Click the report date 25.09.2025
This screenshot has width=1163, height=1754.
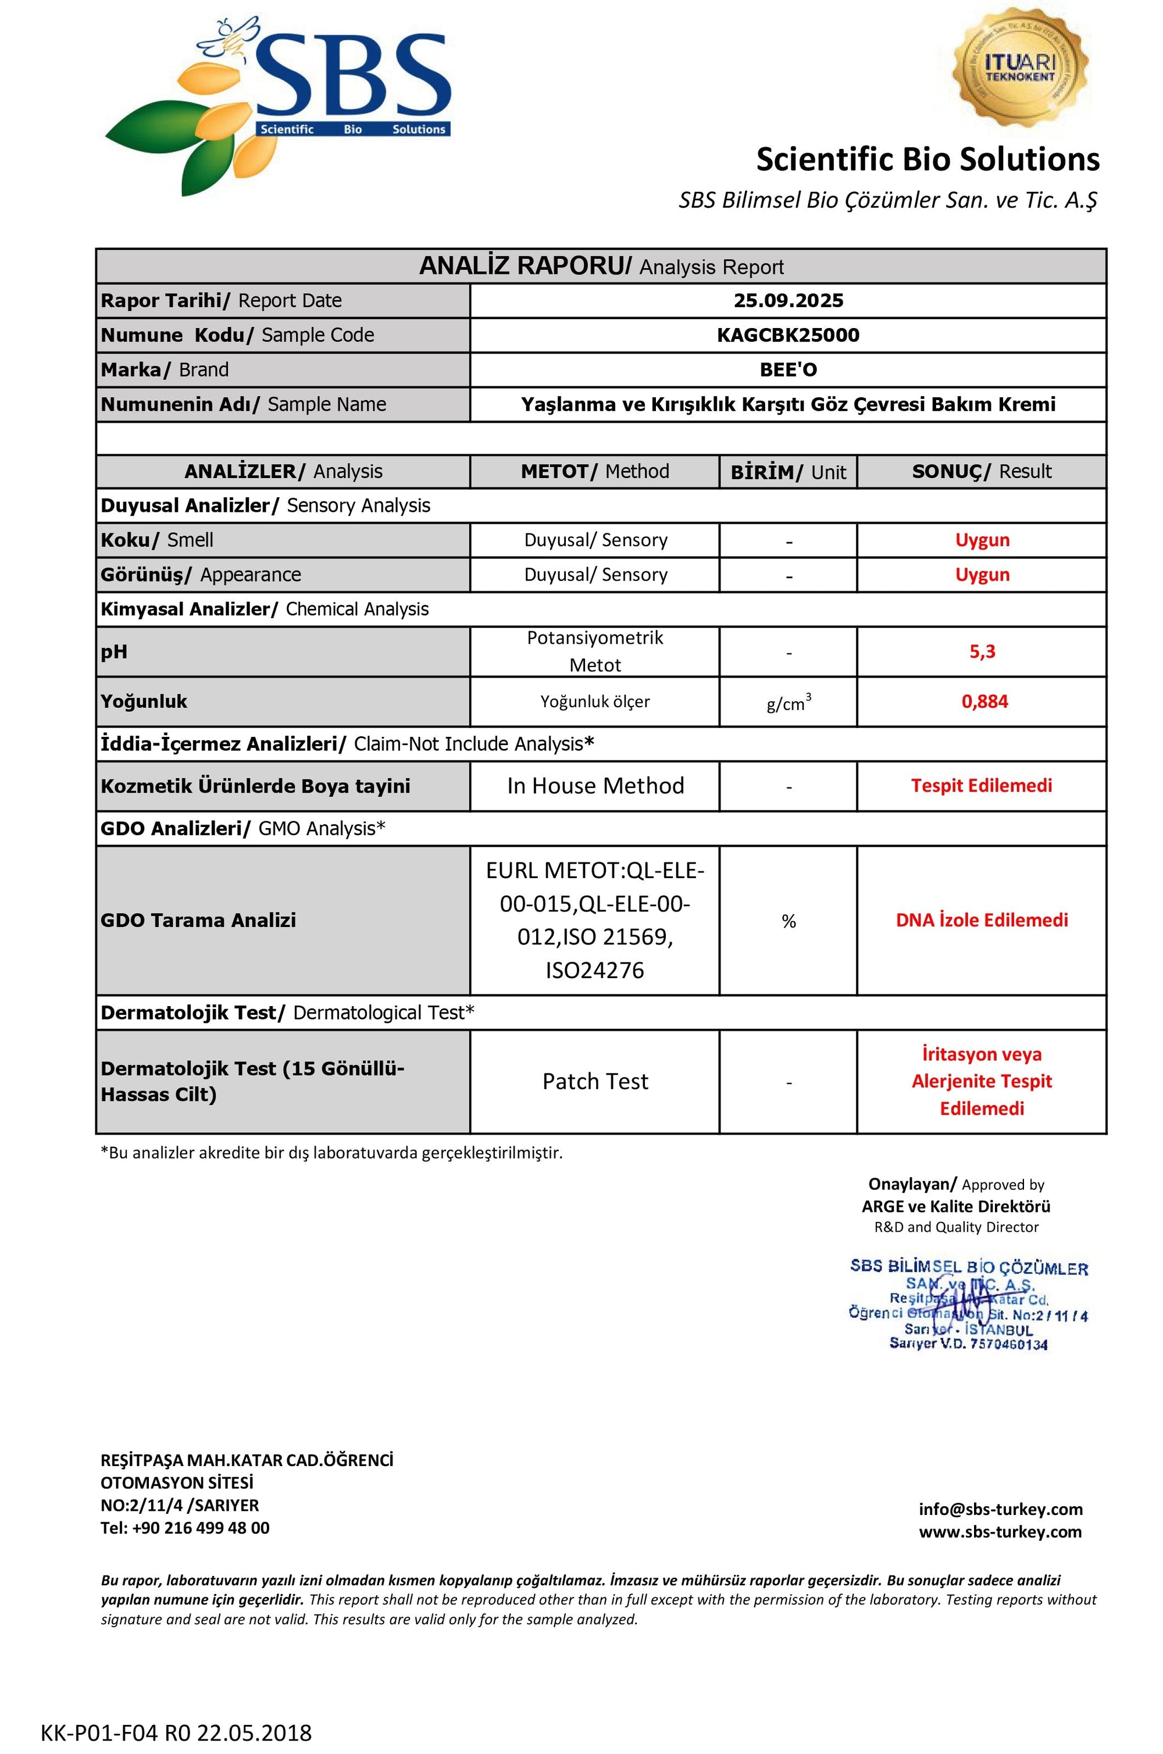click(x=788, y=300)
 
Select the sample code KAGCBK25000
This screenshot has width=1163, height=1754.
click(x=788, y=335)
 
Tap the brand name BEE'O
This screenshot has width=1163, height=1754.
click(x=788, y=369)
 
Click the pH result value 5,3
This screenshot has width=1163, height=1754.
click(x=982, y=652)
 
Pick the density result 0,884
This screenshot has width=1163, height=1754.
click(x=984, y=701)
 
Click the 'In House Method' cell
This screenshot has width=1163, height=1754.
click(x=595, y=786)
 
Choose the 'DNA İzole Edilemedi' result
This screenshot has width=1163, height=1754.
click(x=982, y=921)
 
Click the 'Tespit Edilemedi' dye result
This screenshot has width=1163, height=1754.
click(x=982, y=786)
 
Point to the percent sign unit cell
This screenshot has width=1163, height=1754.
click(x=788, y=921)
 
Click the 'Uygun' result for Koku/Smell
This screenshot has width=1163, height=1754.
click(x=982, y=540)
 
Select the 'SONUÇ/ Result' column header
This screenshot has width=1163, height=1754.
click(x=982, y=472)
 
